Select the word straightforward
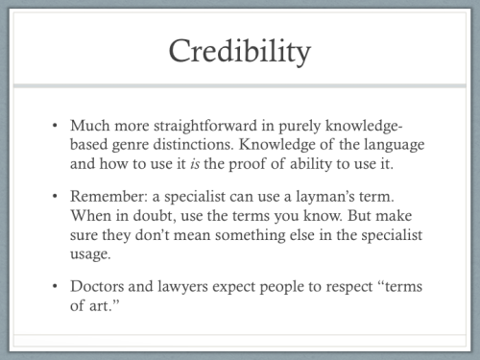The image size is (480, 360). (207, 126)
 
